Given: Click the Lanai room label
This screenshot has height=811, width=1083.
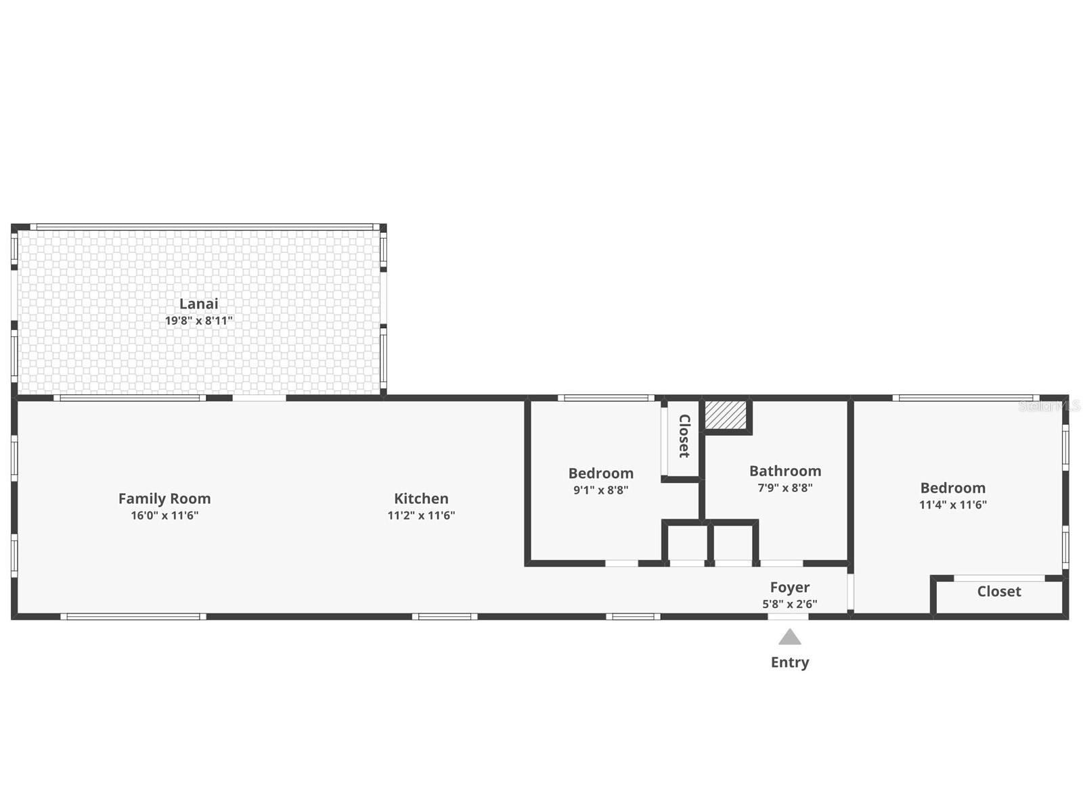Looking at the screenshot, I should coord(198,304).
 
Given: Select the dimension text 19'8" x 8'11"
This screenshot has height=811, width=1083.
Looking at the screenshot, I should coord(198,321).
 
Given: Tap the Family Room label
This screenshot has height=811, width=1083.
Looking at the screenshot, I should coord(164,499).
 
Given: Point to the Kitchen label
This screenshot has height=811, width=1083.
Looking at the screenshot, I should coord(421,499).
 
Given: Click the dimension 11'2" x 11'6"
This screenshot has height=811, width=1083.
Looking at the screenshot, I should coord(421,515).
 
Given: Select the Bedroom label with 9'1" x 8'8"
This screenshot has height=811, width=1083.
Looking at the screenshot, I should coord(600,473).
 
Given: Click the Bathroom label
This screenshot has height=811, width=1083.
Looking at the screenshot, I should coord(785,471).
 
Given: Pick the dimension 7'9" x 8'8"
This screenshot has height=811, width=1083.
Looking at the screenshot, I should coord(785,488).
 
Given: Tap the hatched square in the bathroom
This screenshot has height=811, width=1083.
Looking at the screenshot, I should coord(726,414).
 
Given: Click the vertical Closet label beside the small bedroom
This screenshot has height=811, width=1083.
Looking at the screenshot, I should coord(684,436).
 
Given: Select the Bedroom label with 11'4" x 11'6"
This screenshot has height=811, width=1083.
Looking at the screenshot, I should coord(952,488).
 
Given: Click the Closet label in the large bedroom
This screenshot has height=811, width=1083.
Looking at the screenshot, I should coord(999,591).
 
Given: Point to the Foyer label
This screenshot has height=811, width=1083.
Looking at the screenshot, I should coord(789,587).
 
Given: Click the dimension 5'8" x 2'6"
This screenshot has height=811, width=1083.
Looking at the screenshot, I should coord(789,604).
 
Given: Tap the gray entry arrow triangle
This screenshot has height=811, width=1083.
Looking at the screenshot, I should coord(789,637).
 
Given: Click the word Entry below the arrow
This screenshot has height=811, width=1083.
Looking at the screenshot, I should coord(789,662).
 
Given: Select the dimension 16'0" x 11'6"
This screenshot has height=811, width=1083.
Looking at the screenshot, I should coord(164,515).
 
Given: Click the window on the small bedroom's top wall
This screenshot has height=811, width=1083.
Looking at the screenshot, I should coord(606,398).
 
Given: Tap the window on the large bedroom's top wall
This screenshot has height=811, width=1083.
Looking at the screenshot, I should coord(966,398).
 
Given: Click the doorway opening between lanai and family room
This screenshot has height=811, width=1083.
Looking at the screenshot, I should coord(259,398).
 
